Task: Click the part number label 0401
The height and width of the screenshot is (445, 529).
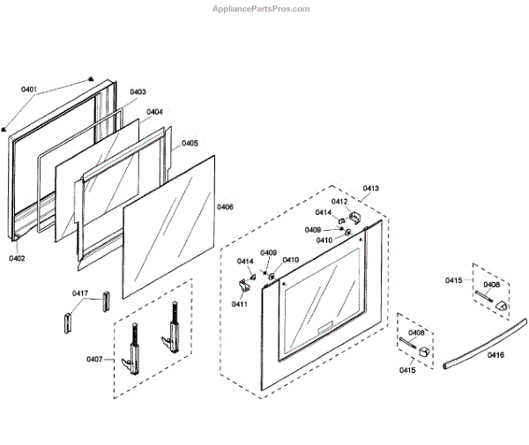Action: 29,90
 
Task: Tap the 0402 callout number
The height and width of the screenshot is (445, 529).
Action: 18,258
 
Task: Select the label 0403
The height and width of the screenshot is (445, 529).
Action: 138,93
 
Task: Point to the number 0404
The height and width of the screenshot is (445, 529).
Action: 154,112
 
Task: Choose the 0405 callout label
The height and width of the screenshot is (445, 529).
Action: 190,143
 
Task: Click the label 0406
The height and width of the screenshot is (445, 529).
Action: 226,207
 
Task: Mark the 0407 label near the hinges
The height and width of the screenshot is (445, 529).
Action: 94,359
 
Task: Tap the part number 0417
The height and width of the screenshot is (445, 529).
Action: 80,293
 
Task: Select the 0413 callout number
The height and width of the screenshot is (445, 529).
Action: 370,189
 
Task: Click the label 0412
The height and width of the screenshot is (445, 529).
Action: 339,202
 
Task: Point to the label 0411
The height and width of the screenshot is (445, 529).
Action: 240,304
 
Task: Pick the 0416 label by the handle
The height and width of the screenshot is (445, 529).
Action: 495,354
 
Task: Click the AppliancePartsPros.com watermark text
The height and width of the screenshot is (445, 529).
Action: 262,9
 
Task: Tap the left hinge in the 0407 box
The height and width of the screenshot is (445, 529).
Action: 135,352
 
